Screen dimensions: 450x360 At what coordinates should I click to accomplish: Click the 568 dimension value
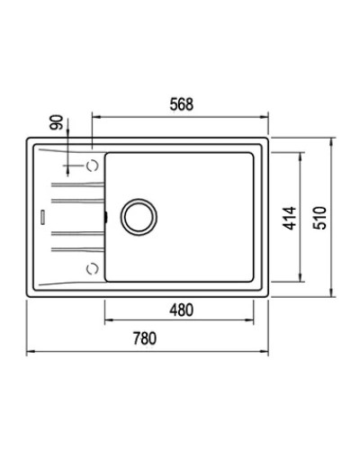(x=182, y=103)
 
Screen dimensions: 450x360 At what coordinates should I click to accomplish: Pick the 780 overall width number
(x=147, y=339)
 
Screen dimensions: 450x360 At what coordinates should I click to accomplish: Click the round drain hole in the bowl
(x=139, y=216)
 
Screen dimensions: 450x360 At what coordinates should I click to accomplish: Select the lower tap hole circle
(x=92, y=266)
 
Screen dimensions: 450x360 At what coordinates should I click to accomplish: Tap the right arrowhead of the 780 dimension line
(x=268, y=352)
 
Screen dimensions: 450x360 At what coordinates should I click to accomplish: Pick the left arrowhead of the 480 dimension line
(x=108, y=323)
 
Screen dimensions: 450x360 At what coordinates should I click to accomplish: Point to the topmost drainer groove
(x=76, y=184)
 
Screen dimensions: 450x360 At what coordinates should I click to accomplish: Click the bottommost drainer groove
(x=76, y=247)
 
